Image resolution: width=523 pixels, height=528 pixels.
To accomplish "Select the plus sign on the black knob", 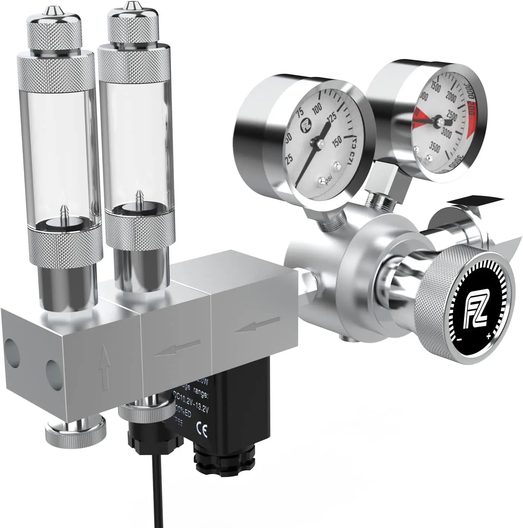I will click(x=488, y=336).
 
